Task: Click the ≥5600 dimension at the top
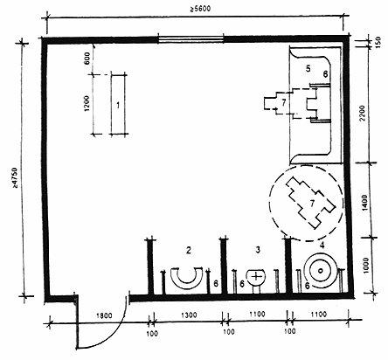click(200, 8)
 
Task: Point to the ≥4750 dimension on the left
click(15, 177)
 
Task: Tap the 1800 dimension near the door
click(104, 315)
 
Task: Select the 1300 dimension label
click(189, 315)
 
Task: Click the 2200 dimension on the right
click(362, 114)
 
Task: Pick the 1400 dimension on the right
click(365, 203)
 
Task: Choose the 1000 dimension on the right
click(366, 265)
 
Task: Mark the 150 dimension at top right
click(378, 43)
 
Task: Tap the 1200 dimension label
click(87, 104)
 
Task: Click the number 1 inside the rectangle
click(118, 105)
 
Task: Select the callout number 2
click(189, 250)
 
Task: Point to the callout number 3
click(258, 250)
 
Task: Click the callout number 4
click(322, 246)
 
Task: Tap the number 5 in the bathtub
click(308, 69)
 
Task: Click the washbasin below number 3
click(256, 280)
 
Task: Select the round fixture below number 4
click(321, 271)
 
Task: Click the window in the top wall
click(191, 39)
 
